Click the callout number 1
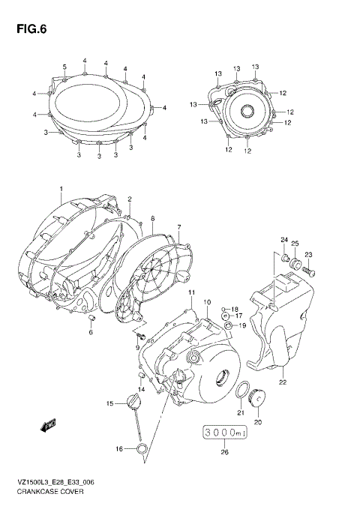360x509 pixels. point(61,189)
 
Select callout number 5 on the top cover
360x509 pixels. point(64,67)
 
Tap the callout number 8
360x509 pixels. point(152,219)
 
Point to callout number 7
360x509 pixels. point(179,227)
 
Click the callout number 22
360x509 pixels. point(283,383)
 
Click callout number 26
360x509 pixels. point(224,452)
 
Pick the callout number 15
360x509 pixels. point(109,404)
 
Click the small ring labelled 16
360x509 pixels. point(139,449)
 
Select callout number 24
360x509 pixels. point(284,240)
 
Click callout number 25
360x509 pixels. point(295,244)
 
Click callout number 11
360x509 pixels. point(191,292)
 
